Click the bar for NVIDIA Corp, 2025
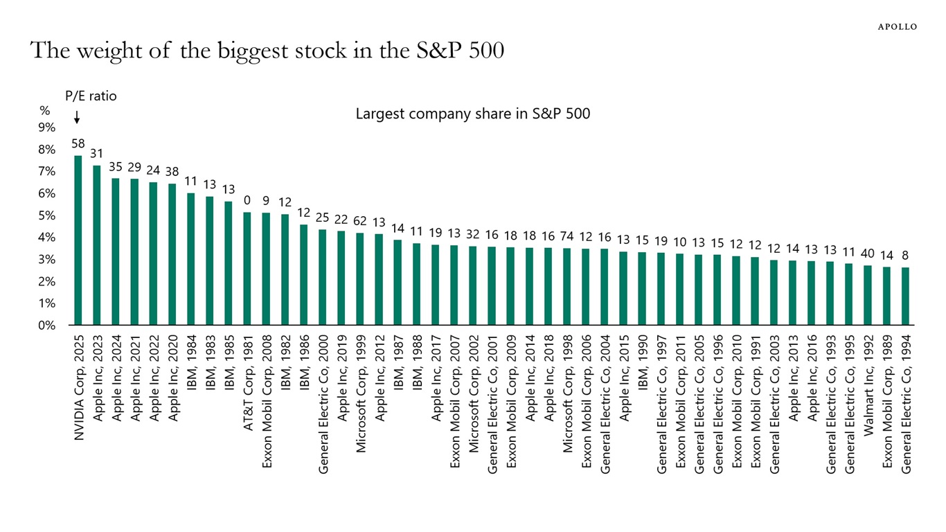point(78,240)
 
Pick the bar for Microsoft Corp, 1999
point(360,278)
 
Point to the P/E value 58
point(78,143)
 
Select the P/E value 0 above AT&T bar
point(247,200)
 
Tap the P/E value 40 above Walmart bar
point(868,254)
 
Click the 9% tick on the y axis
point(46,127)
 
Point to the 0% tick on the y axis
point(46,325)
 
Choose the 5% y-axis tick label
point(46,215)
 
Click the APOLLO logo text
point(898,27)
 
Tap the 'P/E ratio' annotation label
point(91,96)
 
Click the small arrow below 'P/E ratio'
point(77,118)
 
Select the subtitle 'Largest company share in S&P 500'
point(473,114)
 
